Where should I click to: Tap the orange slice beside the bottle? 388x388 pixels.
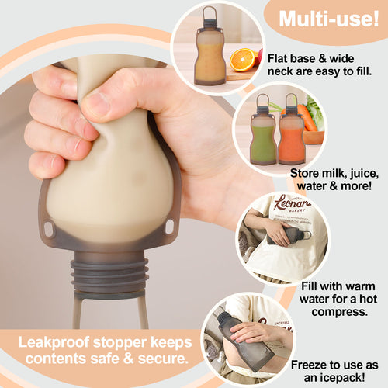pyautogui.click(x=242, y=60)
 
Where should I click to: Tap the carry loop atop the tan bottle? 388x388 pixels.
pyautogui.click(x=210, y=15)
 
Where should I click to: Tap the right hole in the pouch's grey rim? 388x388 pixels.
pyautogui.click(x=169, y=227)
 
